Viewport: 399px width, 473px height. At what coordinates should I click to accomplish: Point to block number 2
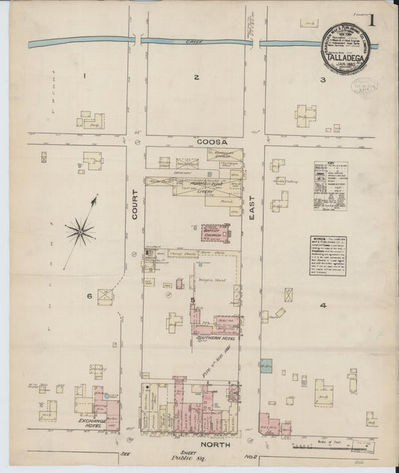point(196,78)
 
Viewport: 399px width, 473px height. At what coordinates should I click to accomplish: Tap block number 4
point(323,305)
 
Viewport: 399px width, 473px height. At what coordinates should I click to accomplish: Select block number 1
point(85,76)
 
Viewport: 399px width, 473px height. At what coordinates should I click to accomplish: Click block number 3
point(323,79)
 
